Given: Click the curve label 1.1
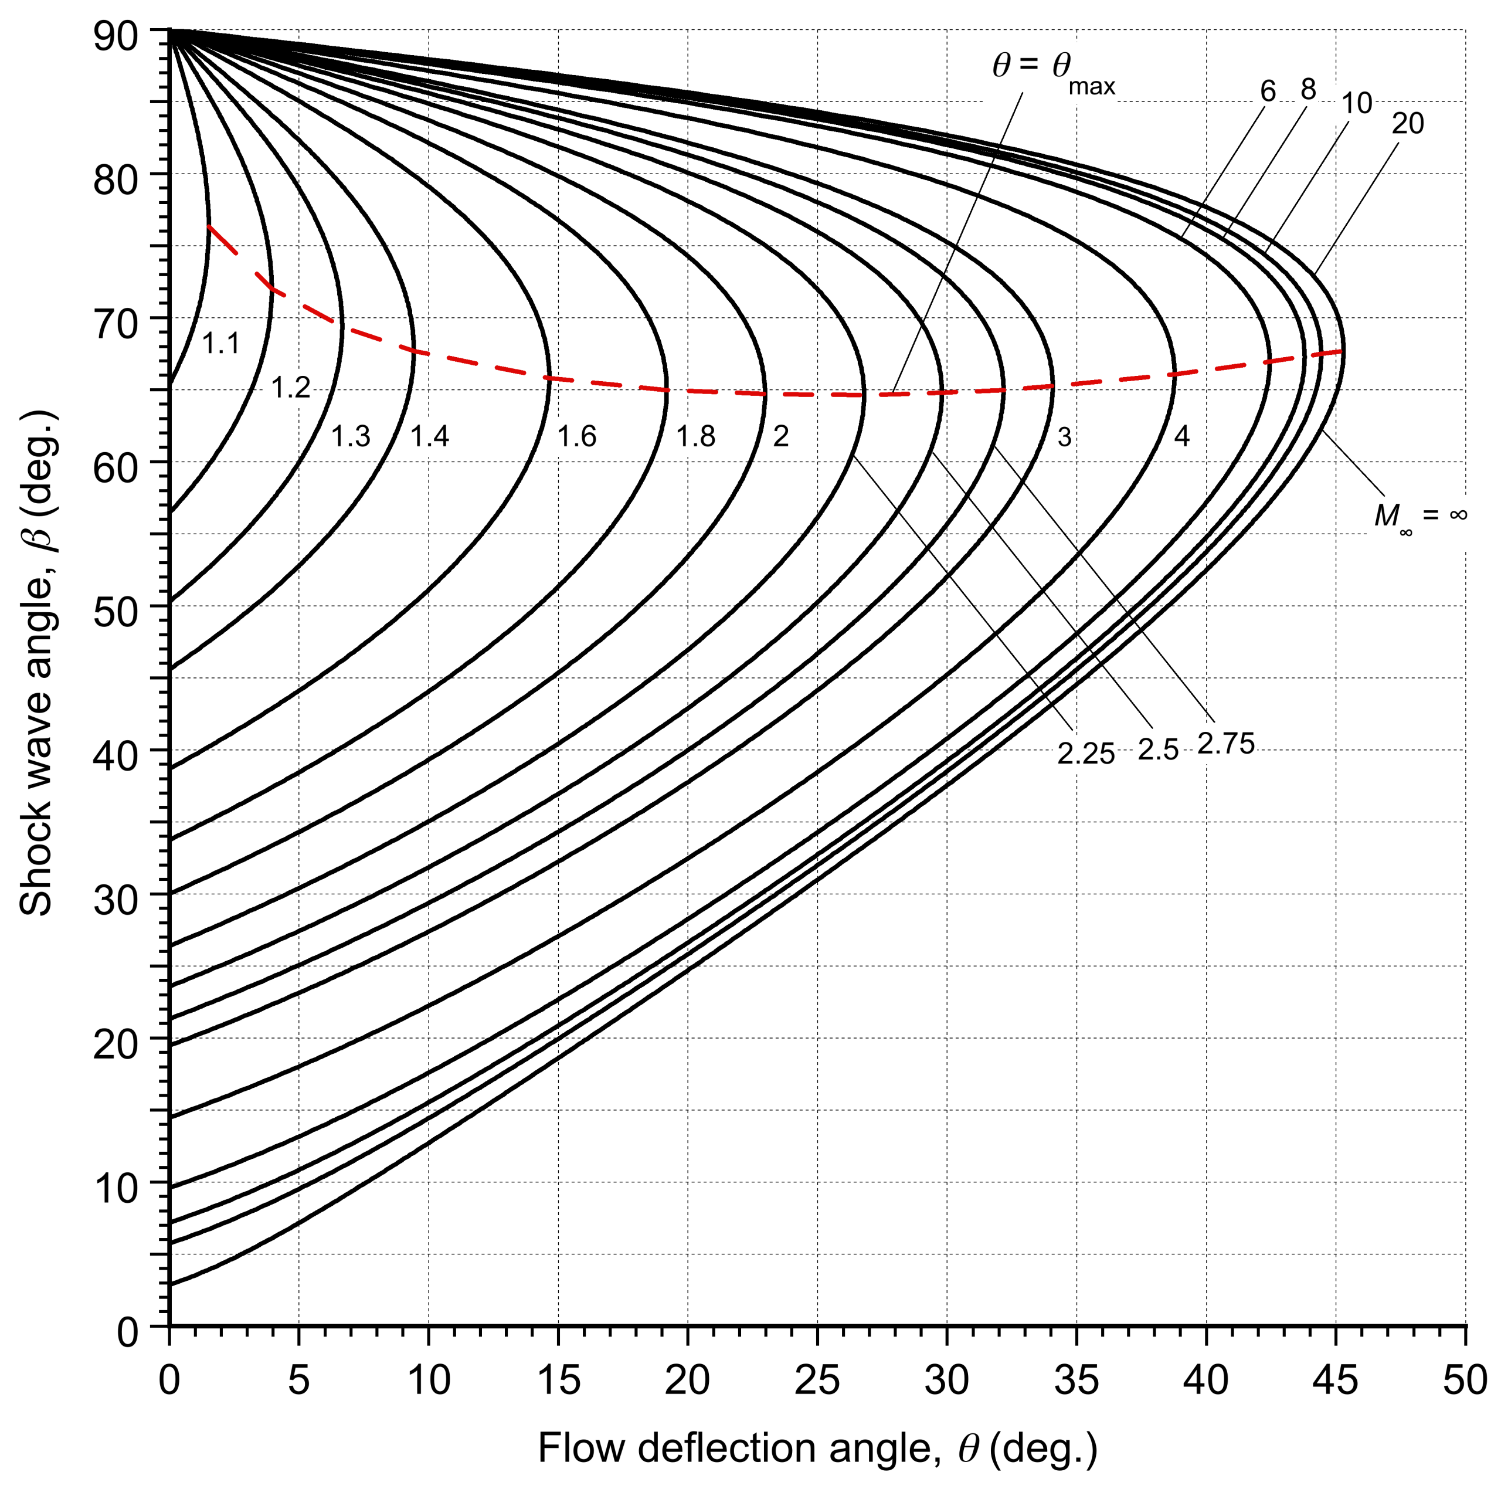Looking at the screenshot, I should pyautogui.click(x=220, y=342).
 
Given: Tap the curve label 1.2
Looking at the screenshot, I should pyautogui.click(x=291, y=387).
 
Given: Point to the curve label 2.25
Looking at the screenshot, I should pyautogui.click(x=1085, y=754).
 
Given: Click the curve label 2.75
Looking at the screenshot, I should pyautogui.click(x=1225, y=744).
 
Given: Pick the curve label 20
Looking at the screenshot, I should pyautogui.click(x=1407, y=124).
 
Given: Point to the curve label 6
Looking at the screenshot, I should pyautogui.click(x=1268, y=91).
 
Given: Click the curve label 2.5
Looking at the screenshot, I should pyautogui.click(x=1157, y=750).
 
